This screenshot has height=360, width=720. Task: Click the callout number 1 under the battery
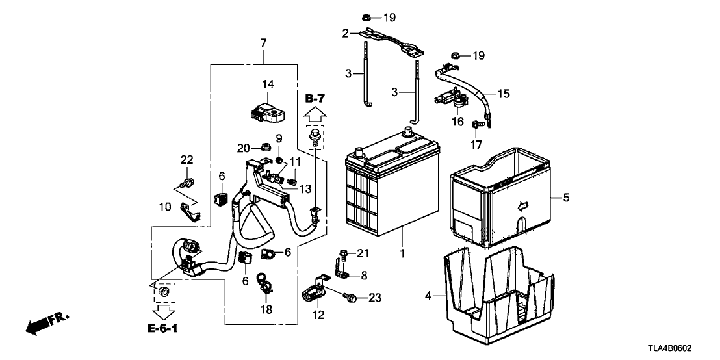(x=402, y=253)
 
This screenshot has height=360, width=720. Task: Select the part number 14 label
(x=268, y=84)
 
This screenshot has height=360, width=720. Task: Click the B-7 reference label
(x=315, y=98)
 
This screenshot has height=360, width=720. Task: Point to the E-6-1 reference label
(x=162, y=330)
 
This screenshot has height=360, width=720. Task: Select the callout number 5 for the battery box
(x=566, y=198)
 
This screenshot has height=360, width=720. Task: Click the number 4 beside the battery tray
(x=428, y=296)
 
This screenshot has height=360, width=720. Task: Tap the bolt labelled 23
(x=351, y=298)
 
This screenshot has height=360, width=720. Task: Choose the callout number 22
(x=186, y=161)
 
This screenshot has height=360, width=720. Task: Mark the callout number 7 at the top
(x=263, y=44)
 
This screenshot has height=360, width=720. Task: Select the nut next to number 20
(x=265, y=146)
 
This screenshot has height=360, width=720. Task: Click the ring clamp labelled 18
(x=266, y=281)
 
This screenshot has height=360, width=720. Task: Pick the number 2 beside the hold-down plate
(x=346, y=32)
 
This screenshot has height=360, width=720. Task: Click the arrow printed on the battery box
(x=521, y=206)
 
